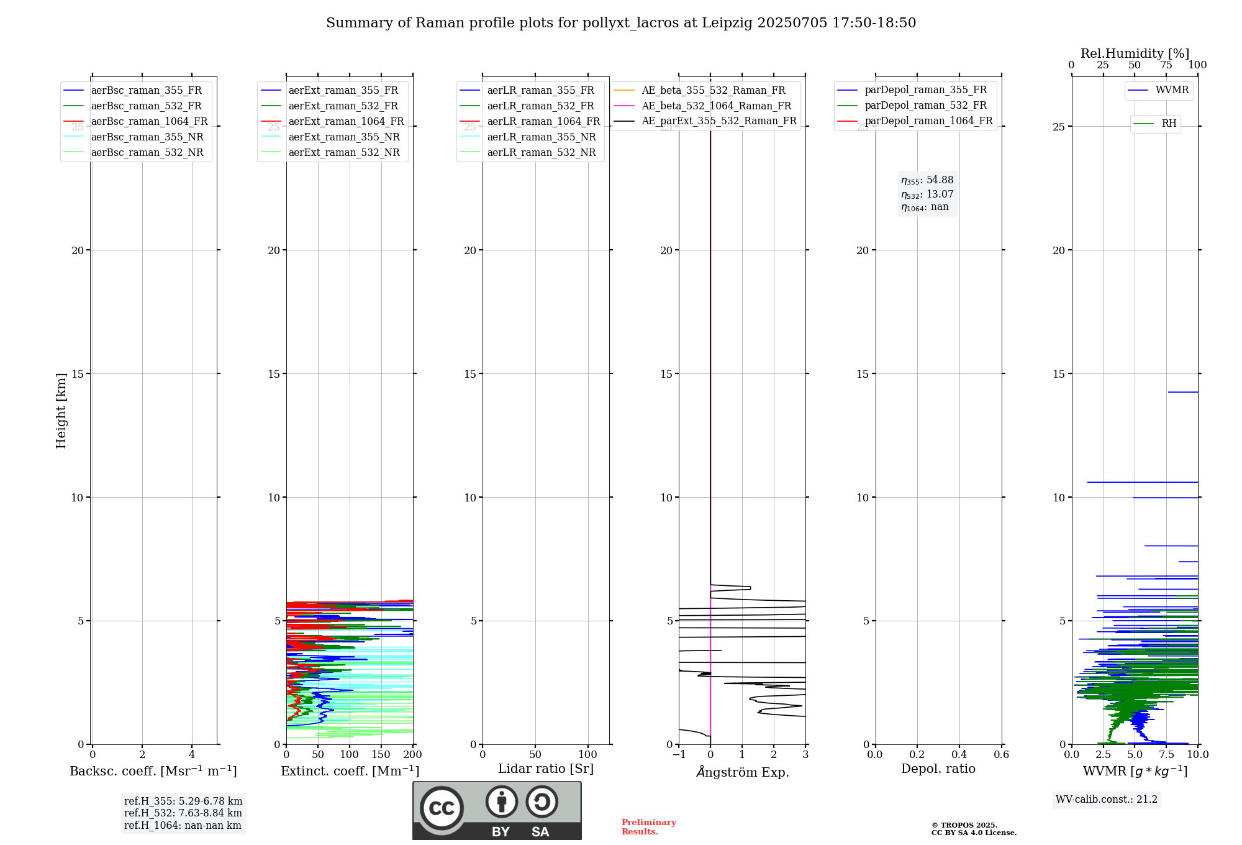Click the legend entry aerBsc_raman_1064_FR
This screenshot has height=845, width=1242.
[x=149, y=122]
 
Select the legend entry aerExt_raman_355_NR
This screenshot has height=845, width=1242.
[x=344, y=137]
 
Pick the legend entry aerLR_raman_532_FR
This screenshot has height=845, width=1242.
[x=540, y=106]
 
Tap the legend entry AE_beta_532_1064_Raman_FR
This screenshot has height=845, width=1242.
[x=716, y=106]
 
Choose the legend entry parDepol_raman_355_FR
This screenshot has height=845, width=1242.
[x=925, y=90]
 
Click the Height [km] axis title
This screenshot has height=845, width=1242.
[x=61, y=411]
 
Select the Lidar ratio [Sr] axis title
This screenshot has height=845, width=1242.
[x=546, y=769]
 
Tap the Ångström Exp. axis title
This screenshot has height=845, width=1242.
[x=743, y=772]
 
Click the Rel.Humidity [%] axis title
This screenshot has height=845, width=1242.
[x=1135, y=53]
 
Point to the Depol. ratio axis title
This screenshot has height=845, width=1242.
[x=938, y=769]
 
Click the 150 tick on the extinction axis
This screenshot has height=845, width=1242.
[x=381, y=755]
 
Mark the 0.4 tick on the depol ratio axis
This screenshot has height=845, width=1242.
[x=959, y=755]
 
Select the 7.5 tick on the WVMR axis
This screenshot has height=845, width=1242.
[x=1167, y=755]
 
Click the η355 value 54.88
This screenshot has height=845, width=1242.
[x=940, y=180]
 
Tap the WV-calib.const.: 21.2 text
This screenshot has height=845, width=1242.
[x=1107, y=800]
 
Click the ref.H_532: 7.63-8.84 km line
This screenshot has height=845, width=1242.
[x=183, y=813]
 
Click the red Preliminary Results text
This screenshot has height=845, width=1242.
[x=648, y=827]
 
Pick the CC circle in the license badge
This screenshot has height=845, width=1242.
[x=442, y=808]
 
